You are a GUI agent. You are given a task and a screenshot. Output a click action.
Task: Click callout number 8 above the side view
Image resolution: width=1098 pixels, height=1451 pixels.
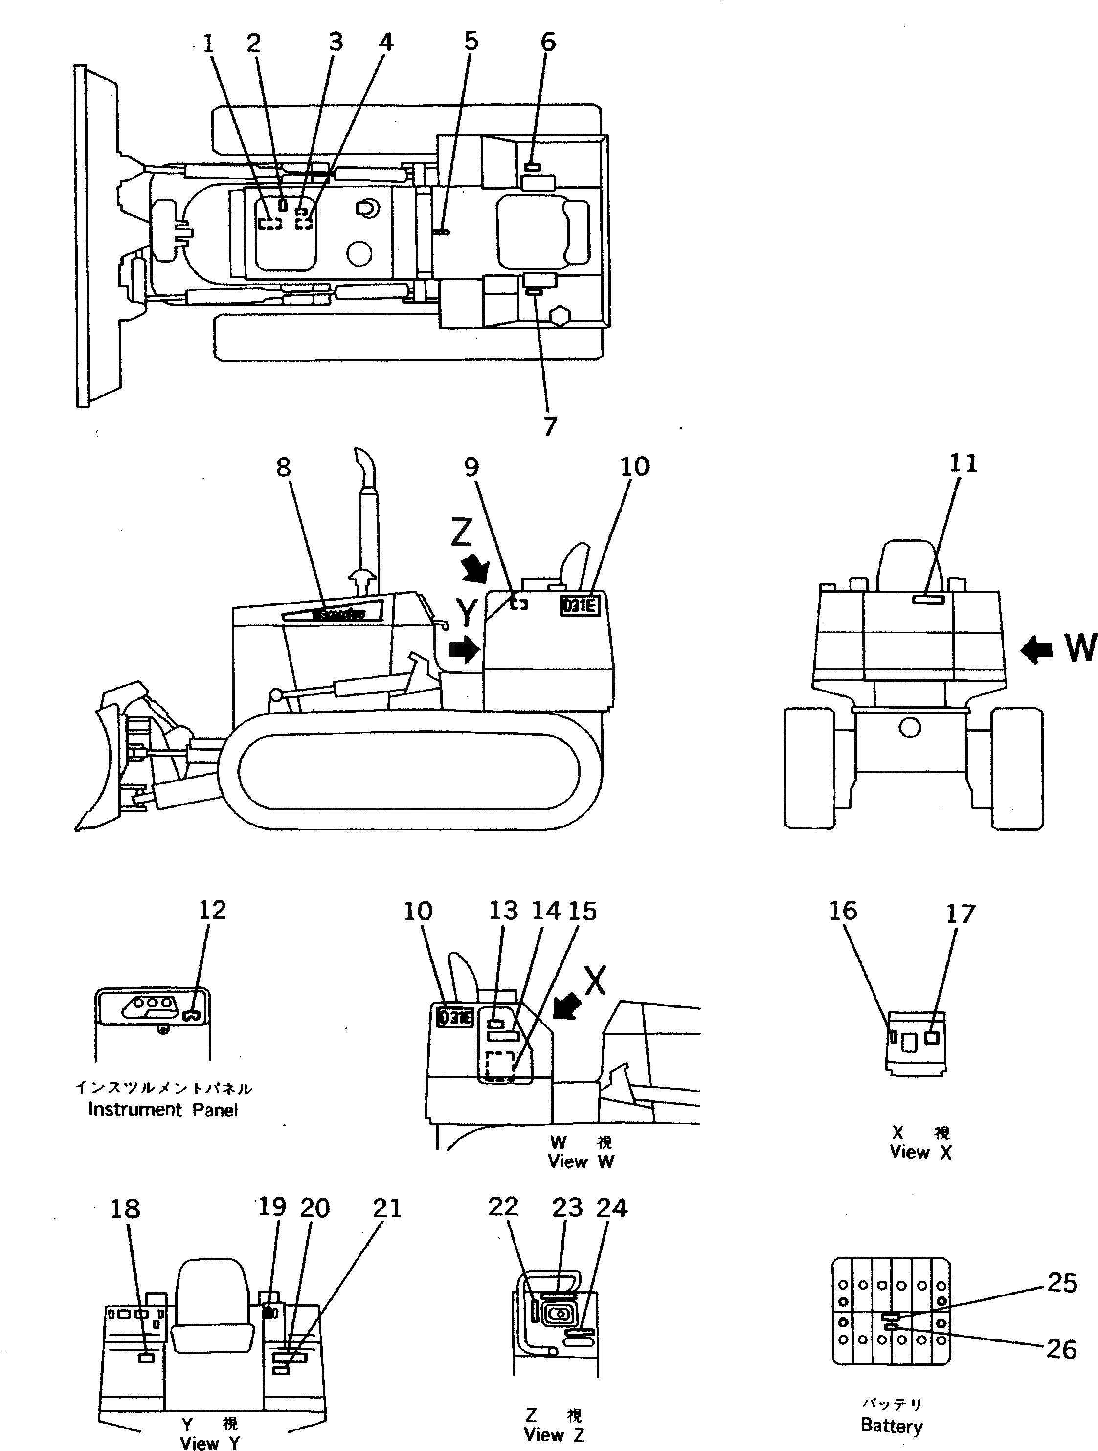pos(283,468)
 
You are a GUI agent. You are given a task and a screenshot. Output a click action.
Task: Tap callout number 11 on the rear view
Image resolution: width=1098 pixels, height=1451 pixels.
pos(963,464)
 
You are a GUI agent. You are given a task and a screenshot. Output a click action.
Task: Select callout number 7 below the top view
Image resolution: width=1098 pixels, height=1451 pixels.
pos(550,426)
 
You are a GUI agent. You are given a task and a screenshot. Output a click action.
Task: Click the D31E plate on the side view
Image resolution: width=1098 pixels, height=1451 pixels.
pos(579,605)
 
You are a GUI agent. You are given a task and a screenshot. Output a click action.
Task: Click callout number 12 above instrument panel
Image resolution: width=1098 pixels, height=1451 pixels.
pos(212,910)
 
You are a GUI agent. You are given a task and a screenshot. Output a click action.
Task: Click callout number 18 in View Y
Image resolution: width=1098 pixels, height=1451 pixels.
pos(125,1207)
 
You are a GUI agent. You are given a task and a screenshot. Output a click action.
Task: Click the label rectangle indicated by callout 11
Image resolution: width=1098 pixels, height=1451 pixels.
pos(928,598)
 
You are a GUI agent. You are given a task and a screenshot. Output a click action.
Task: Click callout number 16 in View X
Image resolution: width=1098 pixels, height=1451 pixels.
pos(842,911)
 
